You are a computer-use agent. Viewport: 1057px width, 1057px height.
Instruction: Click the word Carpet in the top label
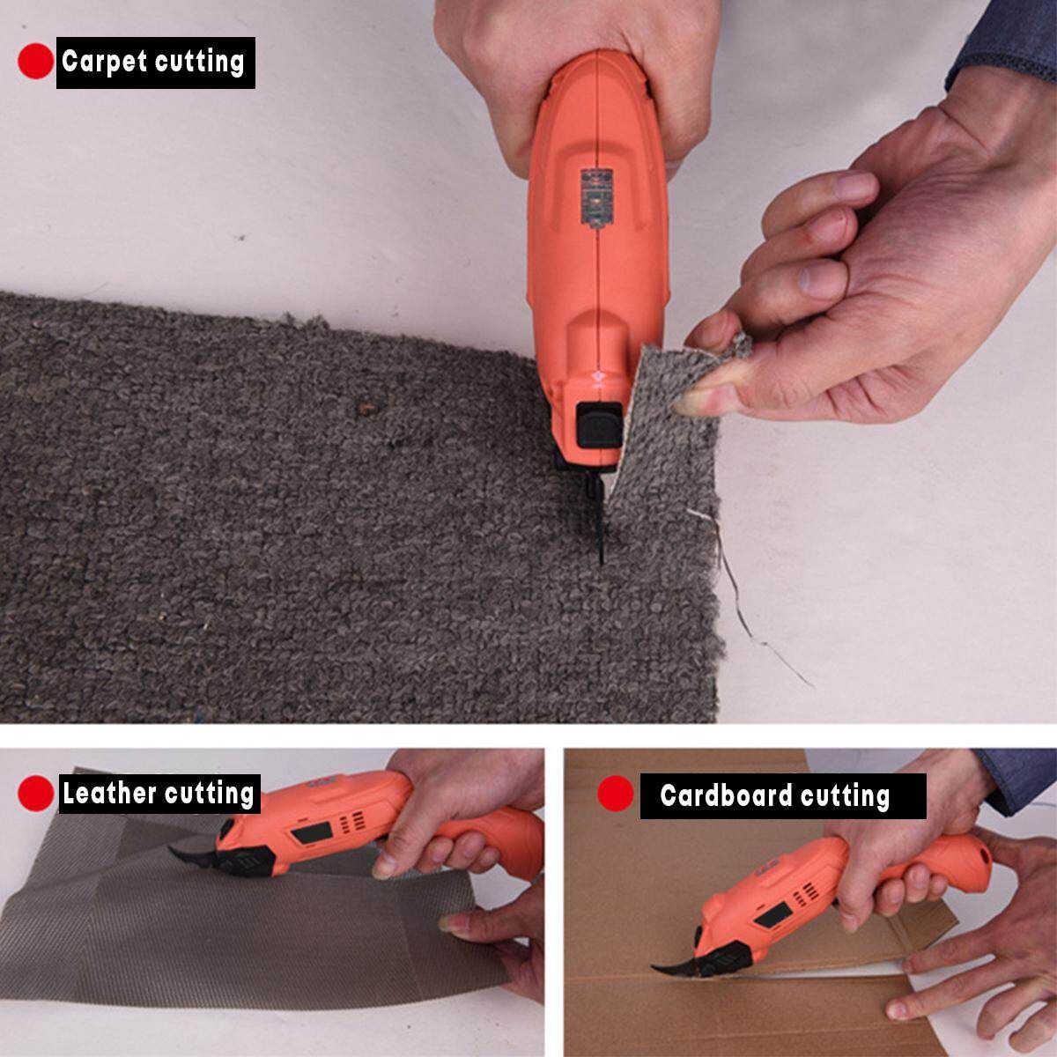pyautogui.click(x=104, y=62)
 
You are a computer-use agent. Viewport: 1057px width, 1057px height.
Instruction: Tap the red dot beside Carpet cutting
pyautogui.click(x=35, y=61)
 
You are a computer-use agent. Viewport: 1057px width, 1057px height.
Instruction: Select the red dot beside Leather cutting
pyautogui.click(x=35, y=793)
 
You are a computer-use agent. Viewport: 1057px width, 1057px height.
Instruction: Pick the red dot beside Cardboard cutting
pyautogui.click(x=616, y=793)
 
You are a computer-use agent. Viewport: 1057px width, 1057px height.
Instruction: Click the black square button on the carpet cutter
pyautogui.click(x=599, y=424)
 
